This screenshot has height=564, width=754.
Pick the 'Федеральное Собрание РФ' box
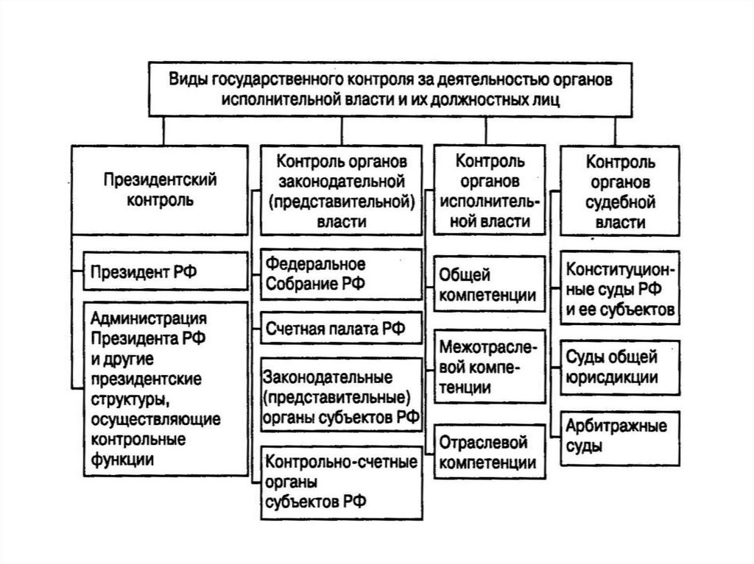(x=340, y=274)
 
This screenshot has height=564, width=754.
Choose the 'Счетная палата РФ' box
(x=340, y=327)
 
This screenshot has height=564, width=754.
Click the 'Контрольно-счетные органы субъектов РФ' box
(x=340, y=482)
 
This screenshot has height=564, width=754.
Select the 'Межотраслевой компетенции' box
(x=487, y=366)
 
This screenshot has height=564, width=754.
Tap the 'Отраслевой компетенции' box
(x=487, y=452)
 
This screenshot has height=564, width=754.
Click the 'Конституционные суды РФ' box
(x=620, y=289)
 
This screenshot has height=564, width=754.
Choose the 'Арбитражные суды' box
(x=620, y=435)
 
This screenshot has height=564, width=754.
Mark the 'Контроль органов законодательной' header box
(x=340, y=190)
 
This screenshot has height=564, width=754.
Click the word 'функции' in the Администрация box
(x=124, y=459)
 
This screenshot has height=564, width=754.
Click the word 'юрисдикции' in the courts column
(x=611, y=376)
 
